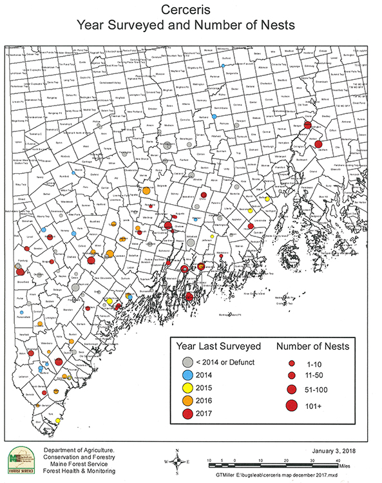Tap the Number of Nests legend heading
[x=313, y=346]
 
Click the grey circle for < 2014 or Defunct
[x=187, y=361]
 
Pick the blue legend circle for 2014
[x=187, y=375]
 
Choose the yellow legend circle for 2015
[x=187, y=388]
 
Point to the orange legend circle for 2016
[x=187, y=402]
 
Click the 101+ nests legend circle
[x=291, y=405]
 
